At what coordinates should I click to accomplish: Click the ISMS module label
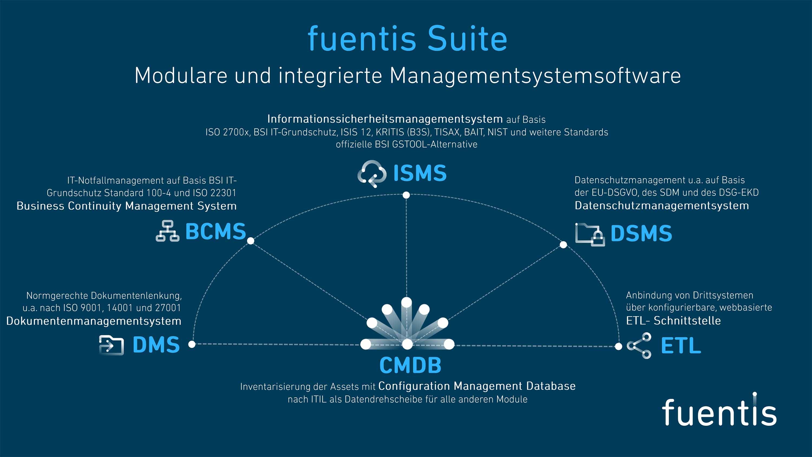(420, 173)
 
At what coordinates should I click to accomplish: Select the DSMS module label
(641, 233)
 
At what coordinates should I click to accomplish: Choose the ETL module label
(681, 346)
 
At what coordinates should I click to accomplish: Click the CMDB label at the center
(410, 365)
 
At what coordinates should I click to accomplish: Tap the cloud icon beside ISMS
(372, 174)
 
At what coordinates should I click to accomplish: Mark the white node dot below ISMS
(406, 195)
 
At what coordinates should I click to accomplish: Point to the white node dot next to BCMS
(251, 241)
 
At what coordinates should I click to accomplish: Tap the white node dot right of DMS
(192, 344)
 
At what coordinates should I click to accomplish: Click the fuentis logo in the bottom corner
(719, 411)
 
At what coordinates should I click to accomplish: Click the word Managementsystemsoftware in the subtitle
(535, 76)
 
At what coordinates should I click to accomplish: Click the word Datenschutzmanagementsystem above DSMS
(662, 206)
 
